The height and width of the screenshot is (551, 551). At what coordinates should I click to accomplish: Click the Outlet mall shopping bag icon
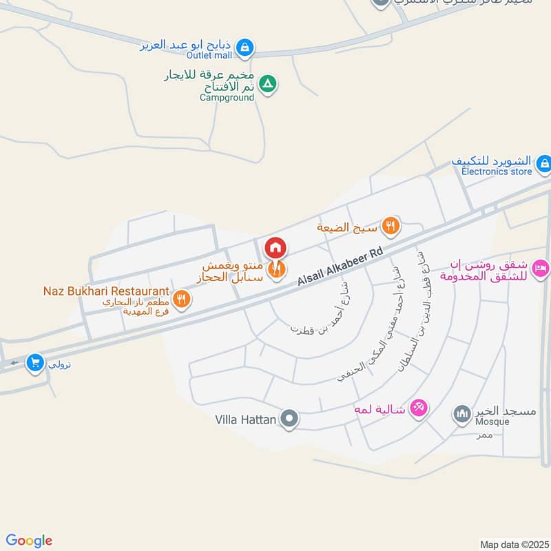pyautogui.click(x=244, y=48)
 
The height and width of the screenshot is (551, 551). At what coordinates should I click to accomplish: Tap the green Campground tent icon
pyautogui.click(x=269, y=85)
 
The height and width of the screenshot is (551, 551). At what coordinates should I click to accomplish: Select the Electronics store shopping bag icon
pyautogui.click(x=544, y=163)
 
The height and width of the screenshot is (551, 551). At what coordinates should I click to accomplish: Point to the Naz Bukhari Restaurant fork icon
pyautogui.click(x=181, y=298)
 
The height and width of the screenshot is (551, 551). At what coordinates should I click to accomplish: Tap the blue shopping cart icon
pyautogui.click(x=34, y=362)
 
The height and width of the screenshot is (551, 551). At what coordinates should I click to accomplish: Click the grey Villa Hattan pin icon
pyautogui.click(x=291, y=418)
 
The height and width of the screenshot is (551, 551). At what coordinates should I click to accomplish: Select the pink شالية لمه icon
pyautogui.click(x=417, y=408)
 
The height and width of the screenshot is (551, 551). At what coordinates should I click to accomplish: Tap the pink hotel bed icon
pyautogui.click(x=541, y=267)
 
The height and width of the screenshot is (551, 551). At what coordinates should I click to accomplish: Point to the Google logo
pyautogui.click(x=29, y=541)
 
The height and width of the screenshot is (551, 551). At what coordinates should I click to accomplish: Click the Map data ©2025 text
pyautogui.click(x=513, y=545)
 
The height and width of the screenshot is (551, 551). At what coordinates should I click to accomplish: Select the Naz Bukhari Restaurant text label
pyautogui.click(x=110, y=291)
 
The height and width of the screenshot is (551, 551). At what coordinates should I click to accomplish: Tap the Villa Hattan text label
pyautogui.click(x=246, y=419)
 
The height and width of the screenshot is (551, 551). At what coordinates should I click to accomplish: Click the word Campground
pyautogui.click(x=227, y=98)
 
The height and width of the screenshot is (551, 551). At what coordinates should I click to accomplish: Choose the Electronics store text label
pyautogui.click(x=497, y=171)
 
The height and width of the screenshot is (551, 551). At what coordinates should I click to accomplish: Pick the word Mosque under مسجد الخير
pyautogui.click(x=492, y=422)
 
